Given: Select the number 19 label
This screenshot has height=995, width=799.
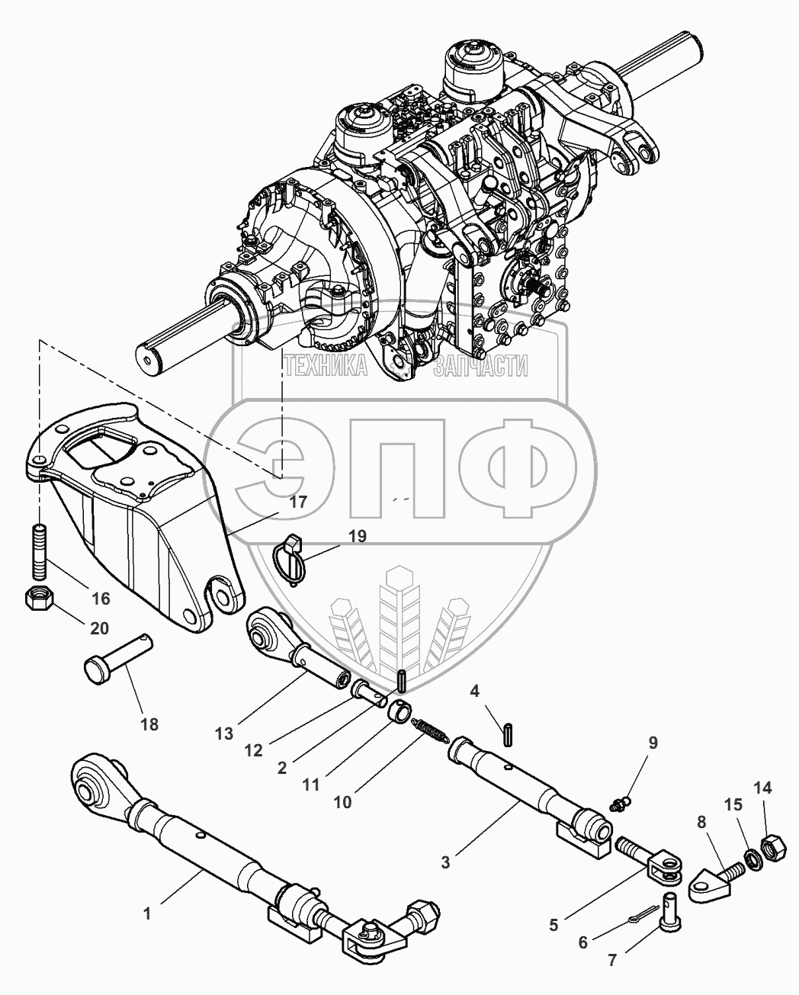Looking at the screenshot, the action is [x=356, y=536].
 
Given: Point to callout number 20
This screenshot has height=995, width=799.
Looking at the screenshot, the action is [x=99, y=628].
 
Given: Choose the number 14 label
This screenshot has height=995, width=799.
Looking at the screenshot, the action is [x=762, y=788].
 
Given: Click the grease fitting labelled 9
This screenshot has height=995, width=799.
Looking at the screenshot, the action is [x=620, y=802].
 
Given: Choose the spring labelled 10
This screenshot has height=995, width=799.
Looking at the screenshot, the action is [x=430, y=730].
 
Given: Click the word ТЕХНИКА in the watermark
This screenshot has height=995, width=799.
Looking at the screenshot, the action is [x=326, y=368].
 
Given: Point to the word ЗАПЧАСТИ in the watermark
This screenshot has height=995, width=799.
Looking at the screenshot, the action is [x=480, y=368].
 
